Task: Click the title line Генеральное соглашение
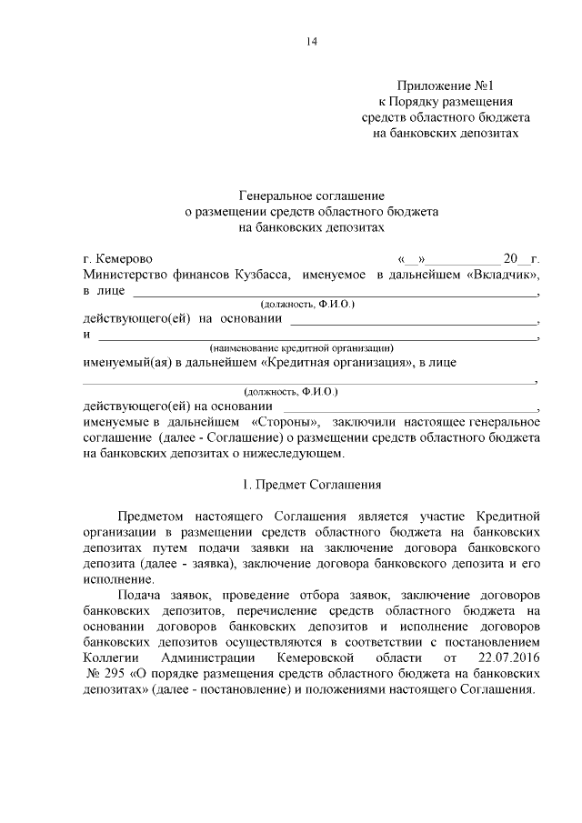point(312,196)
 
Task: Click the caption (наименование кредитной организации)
point(300,347)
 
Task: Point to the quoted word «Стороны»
point(283,422)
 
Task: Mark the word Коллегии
point(110,657)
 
